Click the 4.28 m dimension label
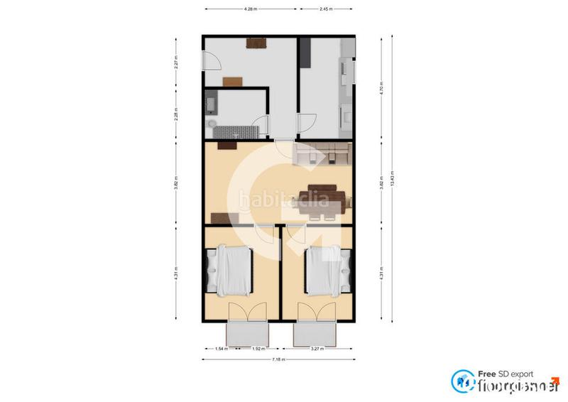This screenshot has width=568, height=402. pyautogui.click(x=250, y=9)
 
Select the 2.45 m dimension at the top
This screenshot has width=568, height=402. pyautogui.click(x=327, y=9)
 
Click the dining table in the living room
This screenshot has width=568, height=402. pyautogui.click(x=325, y=196)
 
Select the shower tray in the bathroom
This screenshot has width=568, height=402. pyautogui.click(x=237, y=132)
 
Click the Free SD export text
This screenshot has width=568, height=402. pyautogui.click(x=505, y=374)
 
